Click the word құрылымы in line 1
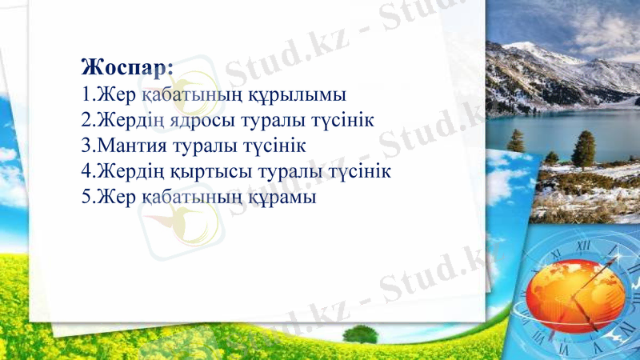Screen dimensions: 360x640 tap(302, 94)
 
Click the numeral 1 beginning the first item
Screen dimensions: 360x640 tap(86, 94)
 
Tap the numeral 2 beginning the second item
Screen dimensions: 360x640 tap(86, 120)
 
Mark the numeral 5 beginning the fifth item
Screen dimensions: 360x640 tap(86, 196)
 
